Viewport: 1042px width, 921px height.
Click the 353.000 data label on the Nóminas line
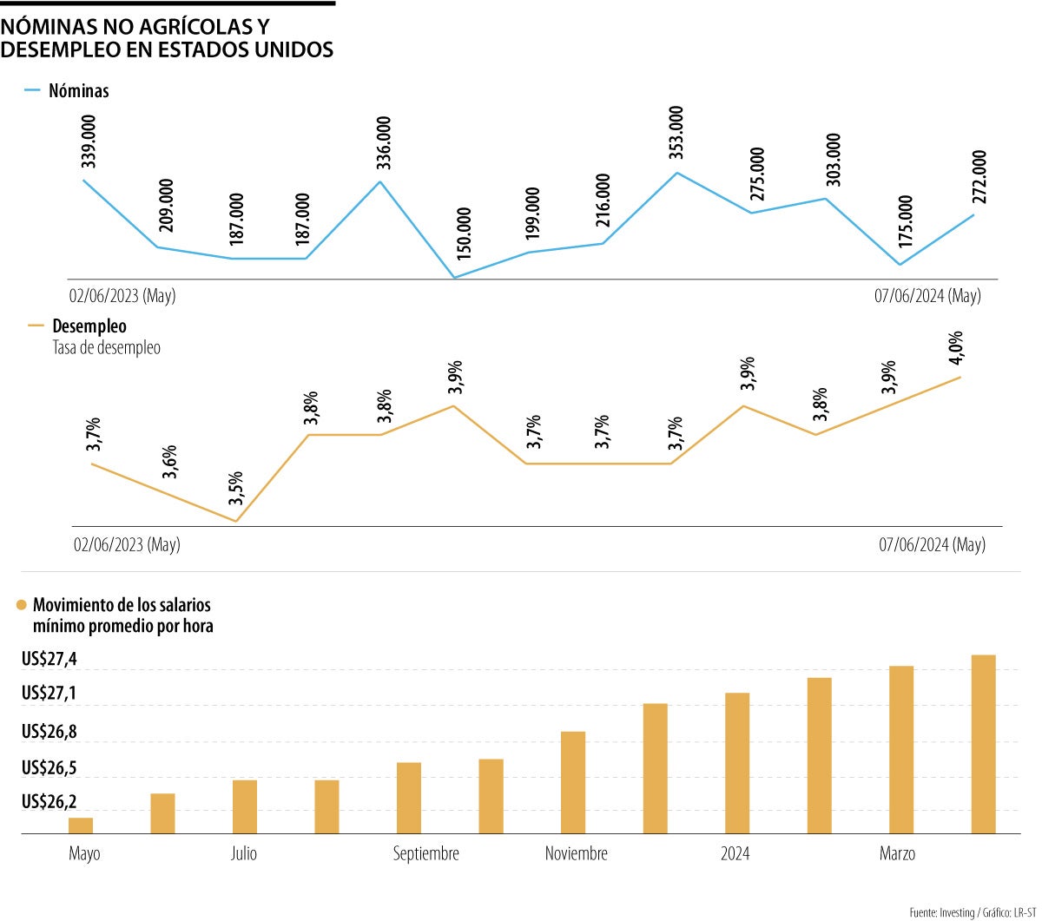pos(676,133)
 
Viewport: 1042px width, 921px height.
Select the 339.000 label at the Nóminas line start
pos(88,141)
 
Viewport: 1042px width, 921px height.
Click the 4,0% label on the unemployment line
pos(955,349)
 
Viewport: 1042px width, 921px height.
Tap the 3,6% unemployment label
pos(170,462)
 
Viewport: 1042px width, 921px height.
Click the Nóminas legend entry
pos(78,90)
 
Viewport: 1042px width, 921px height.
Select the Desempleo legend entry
pos(89,326)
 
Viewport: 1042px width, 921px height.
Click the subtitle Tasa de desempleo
pos(106,347)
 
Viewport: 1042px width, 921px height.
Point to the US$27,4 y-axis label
pos(49,660)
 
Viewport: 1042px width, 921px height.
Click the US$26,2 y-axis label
pos(49,800)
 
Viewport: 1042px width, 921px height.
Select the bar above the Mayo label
pos(81,826)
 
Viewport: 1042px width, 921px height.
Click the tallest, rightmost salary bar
pos(983,744)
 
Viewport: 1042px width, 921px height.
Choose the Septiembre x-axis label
pos(425,854)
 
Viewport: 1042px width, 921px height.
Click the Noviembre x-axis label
pos(577,854)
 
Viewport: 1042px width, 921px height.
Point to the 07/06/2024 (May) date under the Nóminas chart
pos(927,296)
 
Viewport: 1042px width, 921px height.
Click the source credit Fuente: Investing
pos(941,912)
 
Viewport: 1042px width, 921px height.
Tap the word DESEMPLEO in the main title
pos(59,49)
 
